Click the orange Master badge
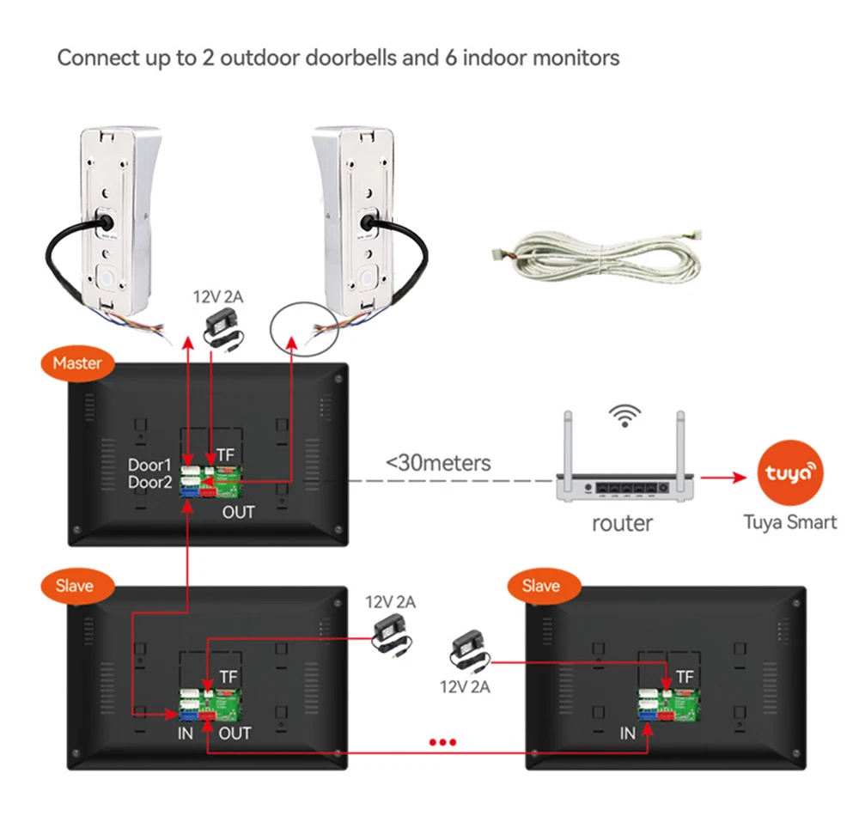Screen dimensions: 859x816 point(77,363)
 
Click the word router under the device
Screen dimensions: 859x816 point(622,523)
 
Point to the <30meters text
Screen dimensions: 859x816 point(438,463)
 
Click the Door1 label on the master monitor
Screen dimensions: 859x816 point(150,465)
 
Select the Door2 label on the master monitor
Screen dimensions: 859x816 point(150,483)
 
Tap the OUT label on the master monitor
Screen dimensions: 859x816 point(239,513)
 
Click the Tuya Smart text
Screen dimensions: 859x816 point(789,521)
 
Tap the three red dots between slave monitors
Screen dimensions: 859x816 point(442,742)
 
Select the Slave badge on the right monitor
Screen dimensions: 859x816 point(540,587)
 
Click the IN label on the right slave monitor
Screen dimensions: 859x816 point(627,734)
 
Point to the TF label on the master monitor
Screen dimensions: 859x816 point(225,454)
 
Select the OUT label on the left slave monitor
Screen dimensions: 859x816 point(235,733)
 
